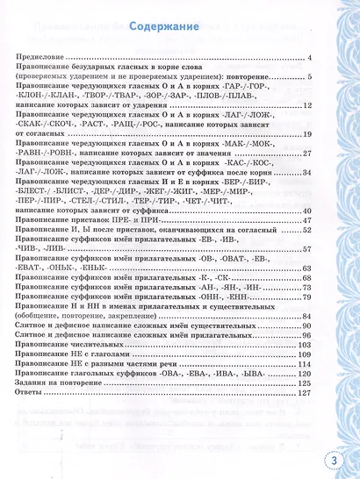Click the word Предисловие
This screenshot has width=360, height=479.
(x=62, y=57)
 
